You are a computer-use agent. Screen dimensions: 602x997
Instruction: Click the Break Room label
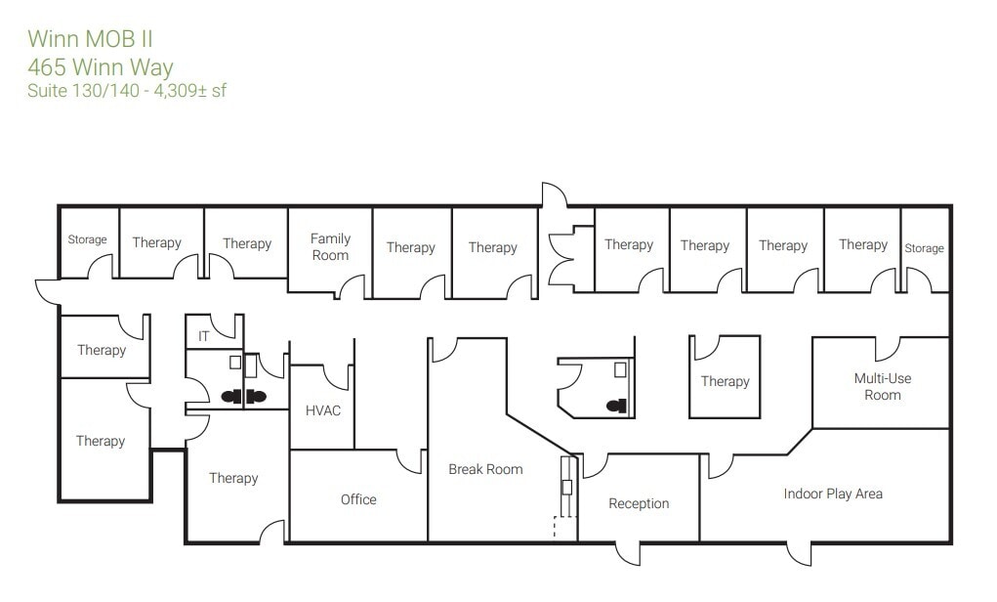(x=485, y=469)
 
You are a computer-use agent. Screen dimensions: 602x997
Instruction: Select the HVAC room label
(x=323, y=410)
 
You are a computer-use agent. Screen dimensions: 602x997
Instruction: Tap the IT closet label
(x=204, y=336)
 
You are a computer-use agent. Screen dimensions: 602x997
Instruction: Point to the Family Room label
(x=330, y=247)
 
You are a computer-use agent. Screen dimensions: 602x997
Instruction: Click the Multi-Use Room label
(x=882, y=387)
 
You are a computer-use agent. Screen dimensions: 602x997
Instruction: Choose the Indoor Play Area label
(x=833, y=494)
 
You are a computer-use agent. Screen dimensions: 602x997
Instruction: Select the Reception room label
(x=639, y=503)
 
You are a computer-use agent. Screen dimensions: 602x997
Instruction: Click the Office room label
(x=358, y=499)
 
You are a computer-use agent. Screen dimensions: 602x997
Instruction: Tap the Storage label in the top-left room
(x=87, y=239)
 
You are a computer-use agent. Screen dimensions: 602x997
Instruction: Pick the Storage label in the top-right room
(x=924, y=248)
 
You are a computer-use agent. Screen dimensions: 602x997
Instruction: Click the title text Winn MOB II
(x=90, y=39)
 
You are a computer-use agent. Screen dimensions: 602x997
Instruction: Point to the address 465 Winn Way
(x=101, y=67)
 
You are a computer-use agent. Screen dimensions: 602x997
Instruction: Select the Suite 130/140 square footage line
(x=127, y=91)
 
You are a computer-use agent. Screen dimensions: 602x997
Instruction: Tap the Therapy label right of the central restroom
(x=725, y=381)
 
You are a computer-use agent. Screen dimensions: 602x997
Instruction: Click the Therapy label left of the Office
(x=233, y=478)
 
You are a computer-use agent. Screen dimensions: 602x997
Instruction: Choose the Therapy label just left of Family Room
(x=247, y=243)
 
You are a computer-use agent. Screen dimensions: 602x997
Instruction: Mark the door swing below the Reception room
(x=627, y=553)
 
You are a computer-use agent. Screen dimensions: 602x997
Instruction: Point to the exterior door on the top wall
(x=555, y=194)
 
